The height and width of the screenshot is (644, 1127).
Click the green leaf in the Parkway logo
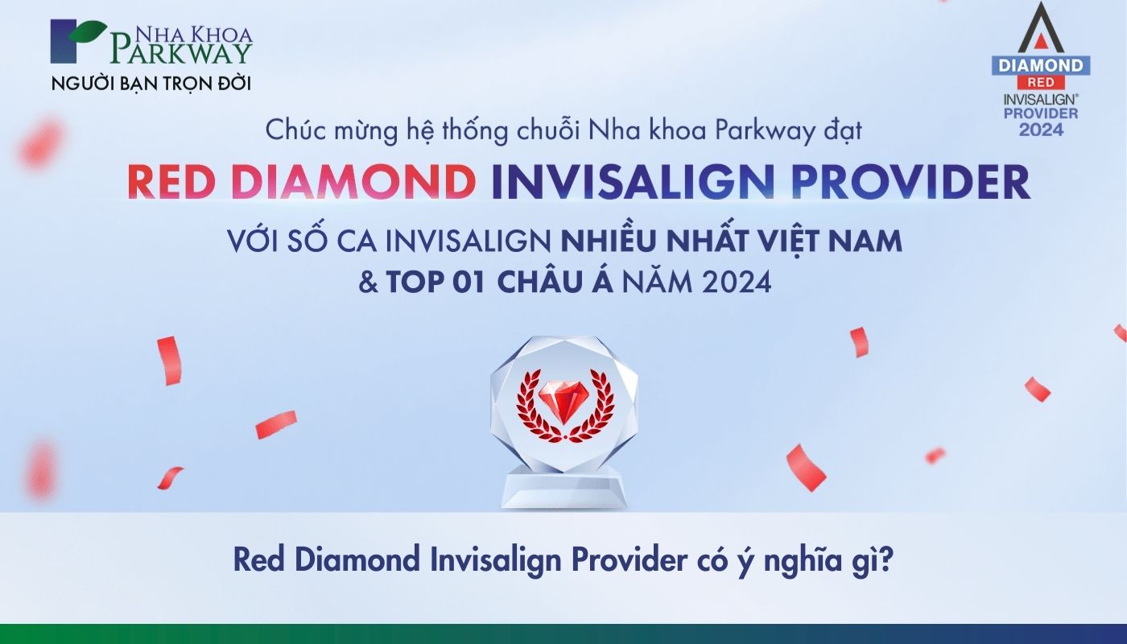coord(89,31)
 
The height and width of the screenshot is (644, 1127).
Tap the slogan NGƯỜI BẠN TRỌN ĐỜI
coord(156,83)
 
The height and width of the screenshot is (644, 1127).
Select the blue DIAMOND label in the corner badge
coord(1040,65)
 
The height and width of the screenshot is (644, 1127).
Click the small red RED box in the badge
coord(1040,82)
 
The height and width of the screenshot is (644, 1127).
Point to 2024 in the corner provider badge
coord(1040,130)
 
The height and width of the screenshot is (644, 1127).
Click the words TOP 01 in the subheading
coord(436,283)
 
